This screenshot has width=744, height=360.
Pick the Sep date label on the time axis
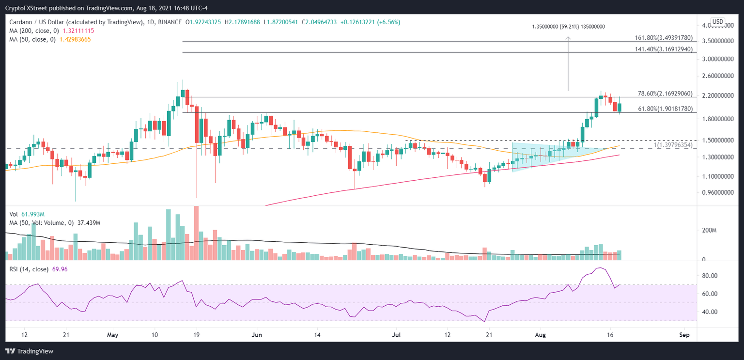point(684,335)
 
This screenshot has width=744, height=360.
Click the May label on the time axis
point(112,335)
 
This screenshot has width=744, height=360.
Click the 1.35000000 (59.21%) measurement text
point(569,27)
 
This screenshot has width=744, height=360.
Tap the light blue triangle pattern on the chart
point(538,153)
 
